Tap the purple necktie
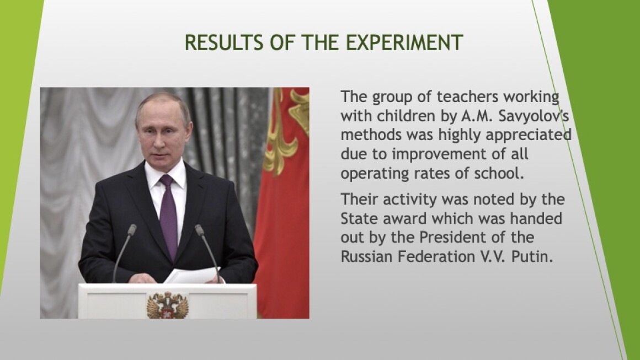tap(168, 216)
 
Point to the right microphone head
tap(199, 230)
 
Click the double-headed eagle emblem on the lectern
tap(167, 305)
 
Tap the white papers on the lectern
tap(192, 276)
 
